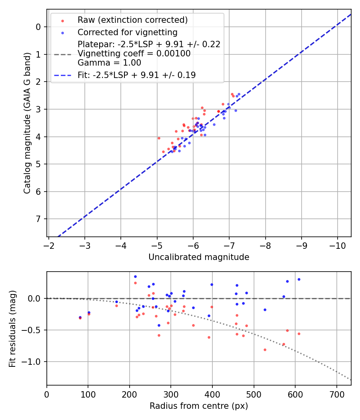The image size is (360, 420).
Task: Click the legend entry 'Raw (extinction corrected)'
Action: pos(132,20)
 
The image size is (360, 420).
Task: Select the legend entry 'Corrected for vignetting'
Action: pos(128,32)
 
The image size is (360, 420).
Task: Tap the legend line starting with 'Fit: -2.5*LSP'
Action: pos(136,75)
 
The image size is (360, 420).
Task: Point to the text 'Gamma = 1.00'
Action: pos(109,62)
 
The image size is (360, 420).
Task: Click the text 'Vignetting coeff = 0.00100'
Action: pos(134,54)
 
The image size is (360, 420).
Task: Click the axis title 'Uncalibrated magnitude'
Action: pos(199,257)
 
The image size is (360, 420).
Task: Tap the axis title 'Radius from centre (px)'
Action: pos(199,406)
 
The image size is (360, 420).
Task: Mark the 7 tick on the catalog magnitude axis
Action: pos(39,219)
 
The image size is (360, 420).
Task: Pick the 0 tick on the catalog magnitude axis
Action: pos(39,27)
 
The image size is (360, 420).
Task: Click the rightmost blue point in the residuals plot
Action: pos(299,279)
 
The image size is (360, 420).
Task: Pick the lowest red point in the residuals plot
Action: pos(265,350)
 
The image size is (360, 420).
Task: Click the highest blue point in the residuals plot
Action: pos(135,276)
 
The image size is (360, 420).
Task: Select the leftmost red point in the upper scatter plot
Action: pos(159,138)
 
